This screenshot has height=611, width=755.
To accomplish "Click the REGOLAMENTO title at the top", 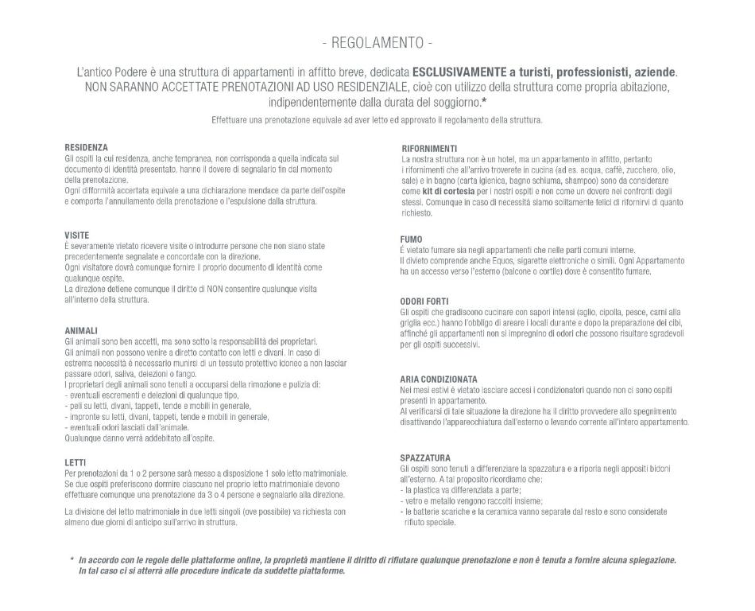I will coord(377,42).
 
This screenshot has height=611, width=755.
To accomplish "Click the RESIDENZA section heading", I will coord(86,147).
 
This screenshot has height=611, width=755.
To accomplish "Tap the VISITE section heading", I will coord(76,235).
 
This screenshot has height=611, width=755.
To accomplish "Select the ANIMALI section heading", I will coord(81,330).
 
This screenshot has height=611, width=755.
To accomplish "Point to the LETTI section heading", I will coord(75,462).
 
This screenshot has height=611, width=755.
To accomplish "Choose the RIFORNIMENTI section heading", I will coord(429,148).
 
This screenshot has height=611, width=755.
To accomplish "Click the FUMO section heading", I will coord(411,239).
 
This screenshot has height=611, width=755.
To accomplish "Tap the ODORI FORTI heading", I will coord(425,301).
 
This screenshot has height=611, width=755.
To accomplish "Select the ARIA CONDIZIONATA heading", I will coord(439,379).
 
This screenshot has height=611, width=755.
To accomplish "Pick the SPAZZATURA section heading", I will coord(425,457).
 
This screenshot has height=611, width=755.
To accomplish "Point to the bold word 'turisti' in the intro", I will coord(531,72).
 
